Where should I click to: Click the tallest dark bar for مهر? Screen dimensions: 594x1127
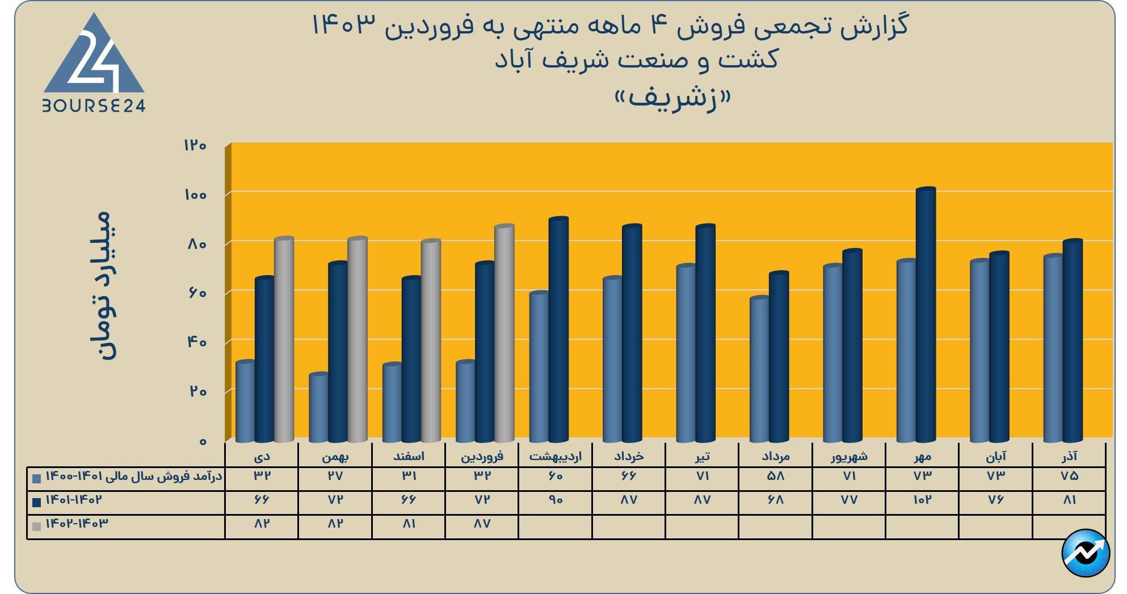925,315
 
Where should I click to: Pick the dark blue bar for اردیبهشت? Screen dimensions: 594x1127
558,330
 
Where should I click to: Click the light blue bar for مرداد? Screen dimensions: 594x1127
759,369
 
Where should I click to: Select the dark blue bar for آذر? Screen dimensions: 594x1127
1073,341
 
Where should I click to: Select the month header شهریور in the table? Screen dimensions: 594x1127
849,456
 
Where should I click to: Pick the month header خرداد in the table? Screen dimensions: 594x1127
629,456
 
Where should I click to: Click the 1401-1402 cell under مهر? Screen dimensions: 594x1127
922,500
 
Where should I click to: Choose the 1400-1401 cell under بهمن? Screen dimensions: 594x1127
335,476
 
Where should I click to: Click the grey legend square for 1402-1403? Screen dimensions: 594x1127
37,526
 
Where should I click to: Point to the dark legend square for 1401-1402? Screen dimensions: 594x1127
37,502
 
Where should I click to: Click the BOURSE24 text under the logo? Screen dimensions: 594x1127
94,106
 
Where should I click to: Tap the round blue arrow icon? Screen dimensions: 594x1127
1086,553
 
